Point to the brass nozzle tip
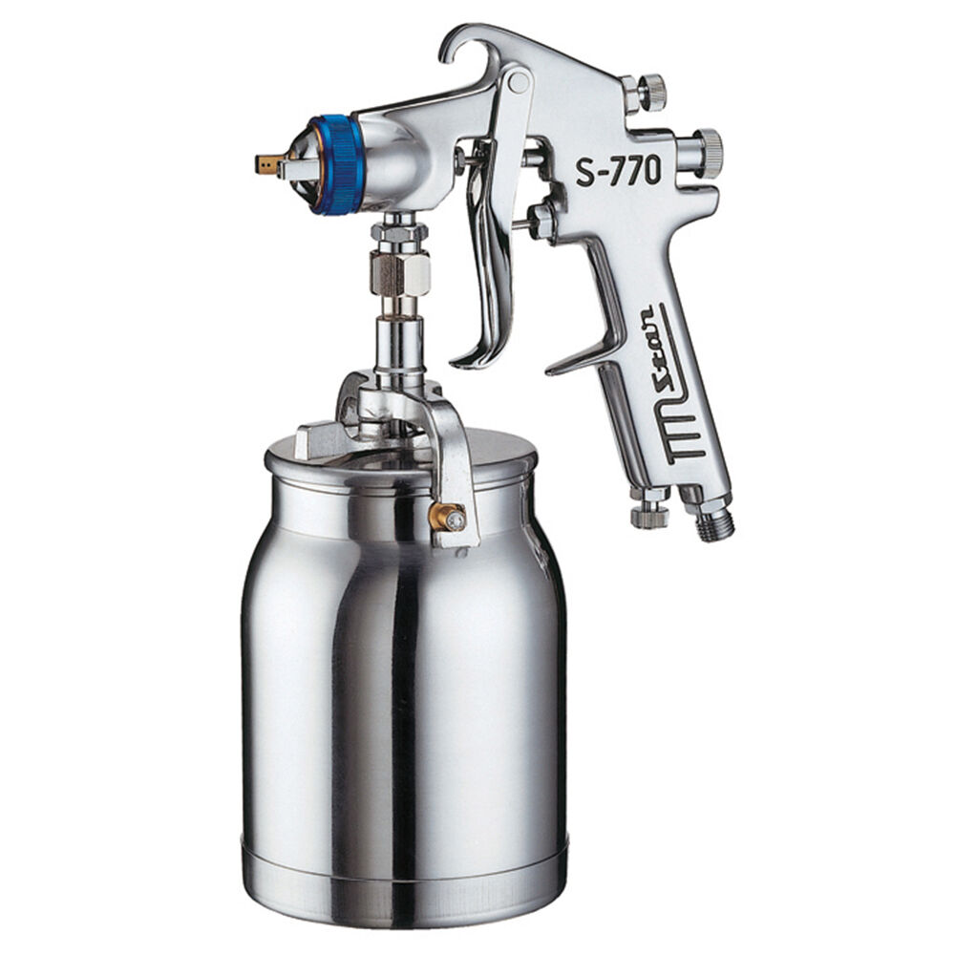pos(269,163)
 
